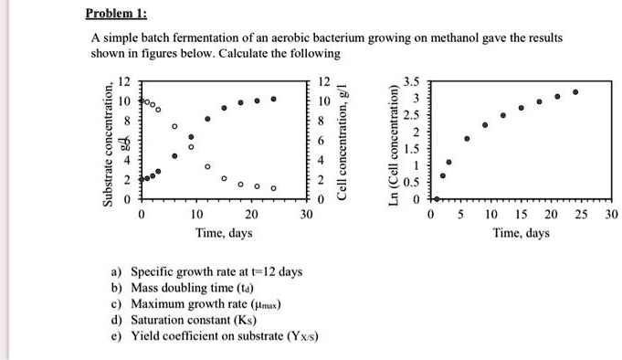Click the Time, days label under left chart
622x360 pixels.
(224, 233)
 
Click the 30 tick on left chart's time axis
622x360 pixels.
(306, 215)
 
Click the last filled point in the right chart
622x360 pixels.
(575, 92)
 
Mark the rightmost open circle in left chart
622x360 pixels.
(273, 188)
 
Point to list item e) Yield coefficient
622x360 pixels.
(213, 335)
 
